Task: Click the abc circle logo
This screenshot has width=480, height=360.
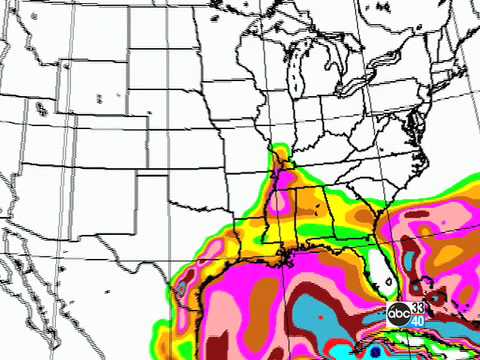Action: coord(399,313)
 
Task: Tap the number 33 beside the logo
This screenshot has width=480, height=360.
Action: coord(418,306)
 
